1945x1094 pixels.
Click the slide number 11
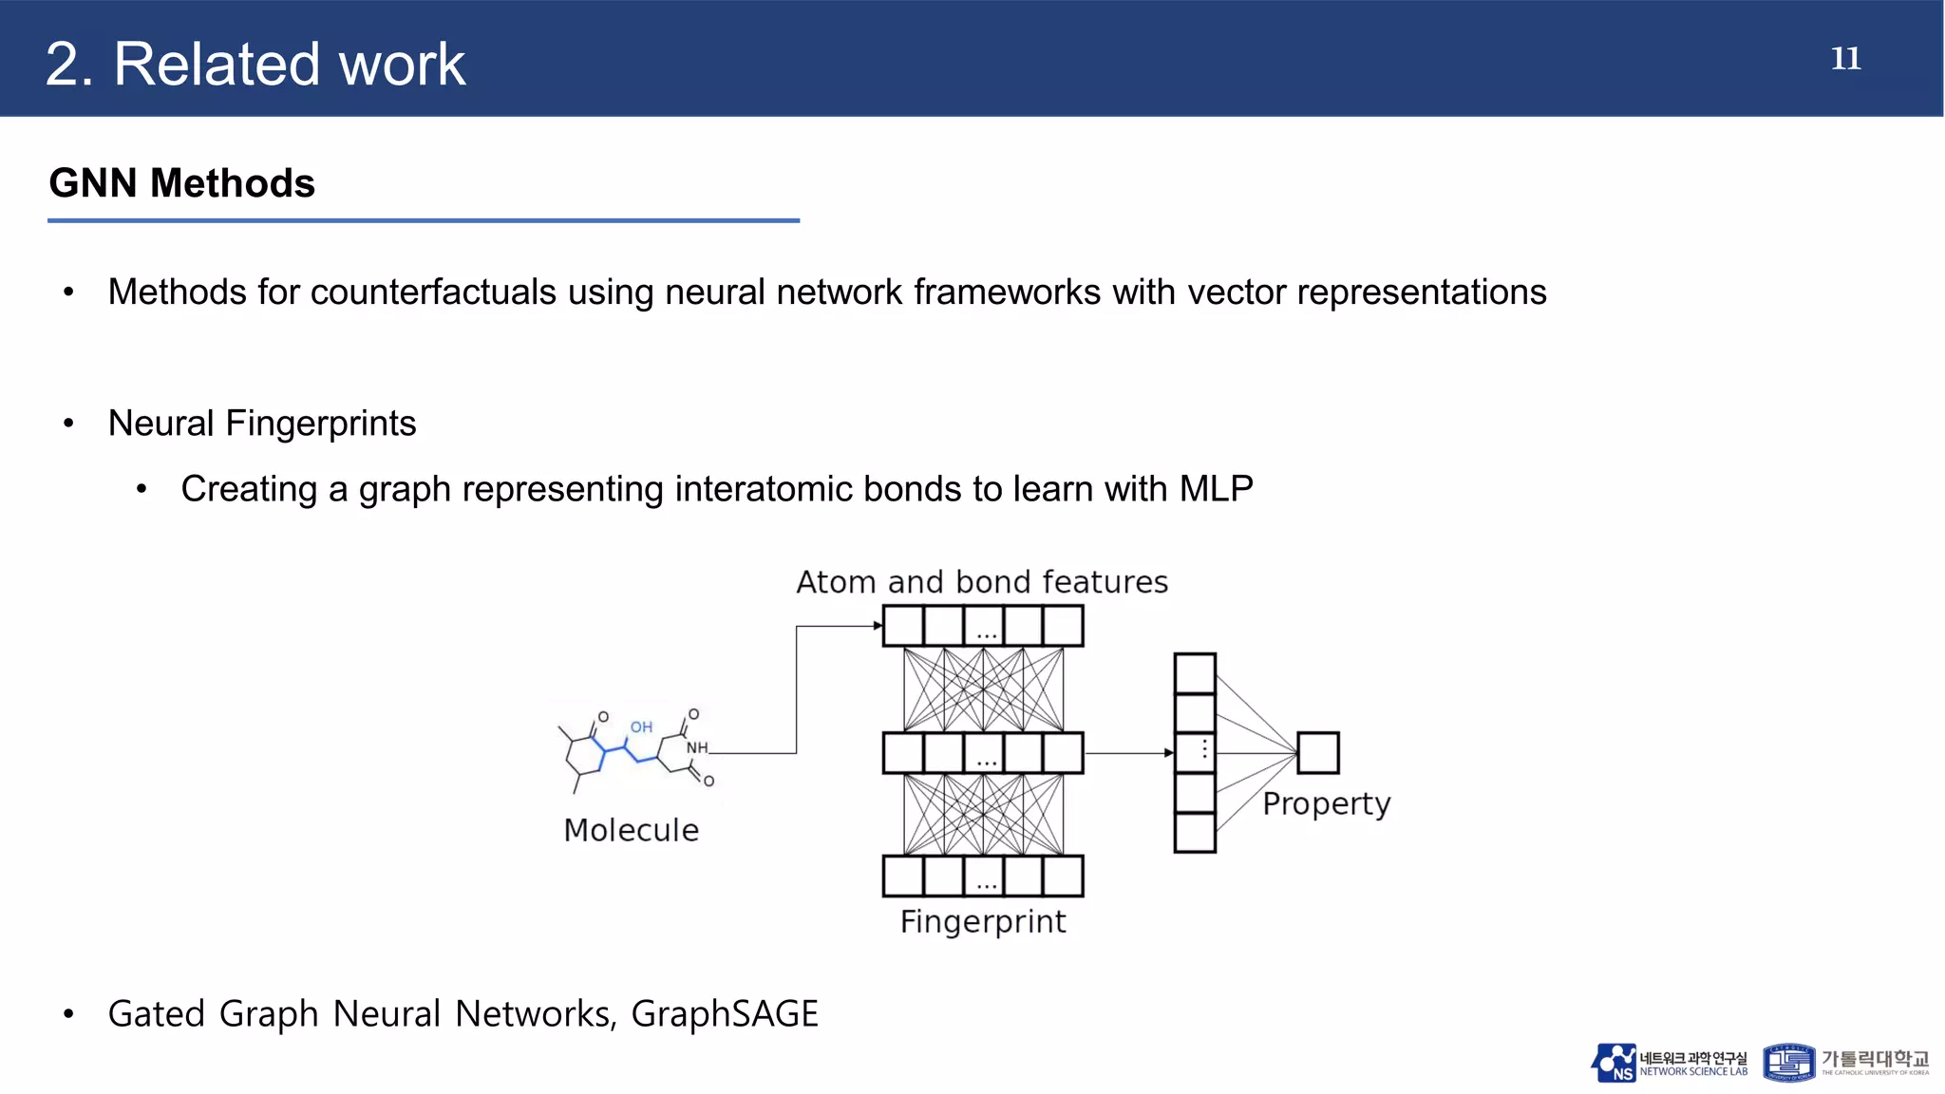point(1845,59)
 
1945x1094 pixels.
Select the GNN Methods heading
point(181,183)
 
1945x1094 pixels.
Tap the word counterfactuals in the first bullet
point(433,292)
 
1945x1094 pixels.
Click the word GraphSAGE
point(724,1014)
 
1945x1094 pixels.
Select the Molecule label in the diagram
point(631,830)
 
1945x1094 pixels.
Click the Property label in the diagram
point(1326,804)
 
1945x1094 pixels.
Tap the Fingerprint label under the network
point(983,922)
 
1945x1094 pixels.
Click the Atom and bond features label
point(982,582)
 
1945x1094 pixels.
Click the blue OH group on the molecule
point(642,727)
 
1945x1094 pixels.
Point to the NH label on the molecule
point(697,748)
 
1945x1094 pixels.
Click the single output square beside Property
point(1318,753)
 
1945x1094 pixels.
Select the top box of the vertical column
point(1195,673)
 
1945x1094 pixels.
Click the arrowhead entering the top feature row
point(878,626)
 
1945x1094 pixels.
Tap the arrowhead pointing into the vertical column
point(1169,753)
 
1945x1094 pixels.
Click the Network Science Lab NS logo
point(1615,1063)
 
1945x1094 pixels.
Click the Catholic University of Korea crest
point(1788,1063)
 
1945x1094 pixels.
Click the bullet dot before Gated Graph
point(68,1015)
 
